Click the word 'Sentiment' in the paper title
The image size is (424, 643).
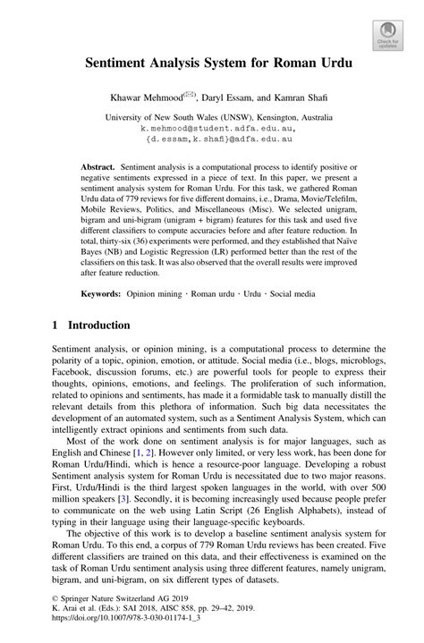click(x=118, y=65)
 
